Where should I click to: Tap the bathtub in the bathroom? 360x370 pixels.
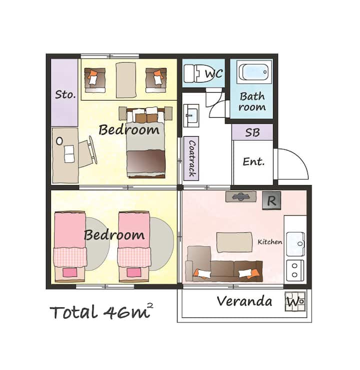(254, 72)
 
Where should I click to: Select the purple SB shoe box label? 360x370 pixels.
(252, 132)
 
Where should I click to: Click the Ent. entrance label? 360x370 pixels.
(253, 162)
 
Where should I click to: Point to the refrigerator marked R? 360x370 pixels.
(271, 200)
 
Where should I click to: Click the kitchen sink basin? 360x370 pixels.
(295, 244)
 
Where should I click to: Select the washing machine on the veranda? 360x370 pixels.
(295, 301)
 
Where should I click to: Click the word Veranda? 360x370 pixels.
(244, 301)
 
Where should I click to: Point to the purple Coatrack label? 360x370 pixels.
(191, 158)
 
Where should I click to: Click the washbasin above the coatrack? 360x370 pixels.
(191, 116)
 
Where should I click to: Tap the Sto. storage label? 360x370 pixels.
(65, 95)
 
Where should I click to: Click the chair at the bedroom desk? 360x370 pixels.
(87, 153)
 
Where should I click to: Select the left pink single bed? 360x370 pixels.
(70, 246)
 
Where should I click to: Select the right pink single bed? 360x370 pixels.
(134, 246)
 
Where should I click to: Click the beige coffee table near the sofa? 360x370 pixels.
(234, 242)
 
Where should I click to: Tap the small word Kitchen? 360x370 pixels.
(270, 242)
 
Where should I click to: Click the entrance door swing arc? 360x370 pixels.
(299, 158)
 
